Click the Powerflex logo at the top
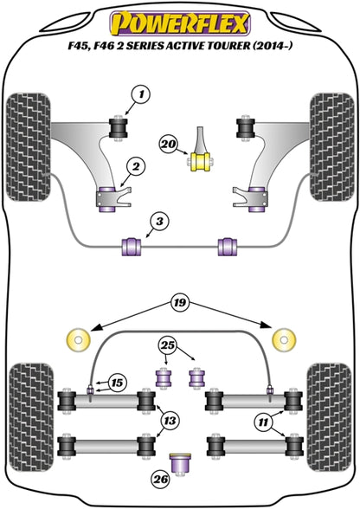(x=180, y=23)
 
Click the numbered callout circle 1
(x=141, y=95)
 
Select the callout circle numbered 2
(x=135, y=167)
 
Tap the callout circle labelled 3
(x=159, y=222)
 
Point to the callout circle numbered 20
(x=169, y=144)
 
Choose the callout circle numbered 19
(x=181, y=303)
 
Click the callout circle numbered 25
(x=168, y=345)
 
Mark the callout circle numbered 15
(x=117, y=383)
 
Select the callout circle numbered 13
(x=170, y=421)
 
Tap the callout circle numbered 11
(x=263, y=422)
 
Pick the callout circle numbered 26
(x=161, y=480)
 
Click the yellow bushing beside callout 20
(x=200, y=161)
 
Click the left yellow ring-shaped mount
(x=78, y=340)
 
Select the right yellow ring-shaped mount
(x=284, y=340)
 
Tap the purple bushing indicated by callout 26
(x=180, y=464)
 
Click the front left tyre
(x=29, y=147)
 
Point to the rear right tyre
(x=329, y=418)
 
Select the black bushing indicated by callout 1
(x=118, y=128)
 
